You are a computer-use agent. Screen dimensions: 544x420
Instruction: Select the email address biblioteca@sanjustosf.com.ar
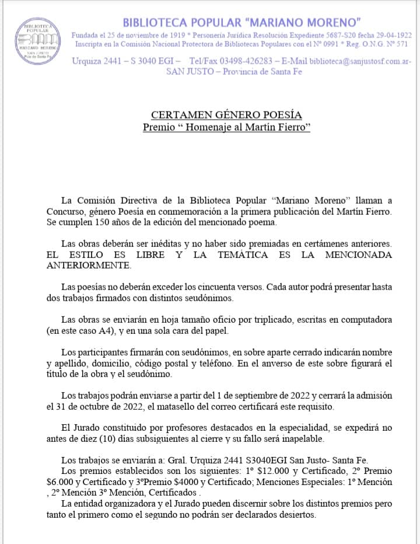click(x=360, y=61)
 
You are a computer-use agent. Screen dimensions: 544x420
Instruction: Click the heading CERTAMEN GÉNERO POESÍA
click(x=226, y=115)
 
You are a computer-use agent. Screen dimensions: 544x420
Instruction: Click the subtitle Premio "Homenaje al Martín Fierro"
click(x=226, y=127)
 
